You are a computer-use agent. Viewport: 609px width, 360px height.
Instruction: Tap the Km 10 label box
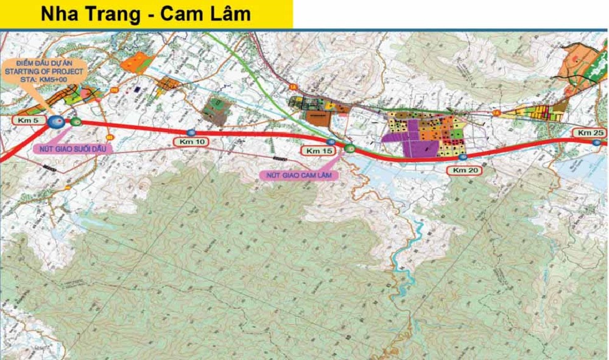(191, 142)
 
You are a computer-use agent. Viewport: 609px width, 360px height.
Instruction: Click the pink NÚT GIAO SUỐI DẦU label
(66, 148)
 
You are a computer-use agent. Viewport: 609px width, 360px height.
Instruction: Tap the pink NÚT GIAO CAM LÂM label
(298, 175)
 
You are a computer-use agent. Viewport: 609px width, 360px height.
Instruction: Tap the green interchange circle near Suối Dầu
(76, 122)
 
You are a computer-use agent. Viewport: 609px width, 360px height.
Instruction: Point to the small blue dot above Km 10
(191, 132)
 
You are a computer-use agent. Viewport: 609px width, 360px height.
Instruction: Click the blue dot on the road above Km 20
(462, 157)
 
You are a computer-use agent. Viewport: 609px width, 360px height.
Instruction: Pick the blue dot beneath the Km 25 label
(594, 141)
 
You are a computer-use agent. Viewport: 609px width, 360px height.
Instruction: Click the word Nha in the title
(59, 14)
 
